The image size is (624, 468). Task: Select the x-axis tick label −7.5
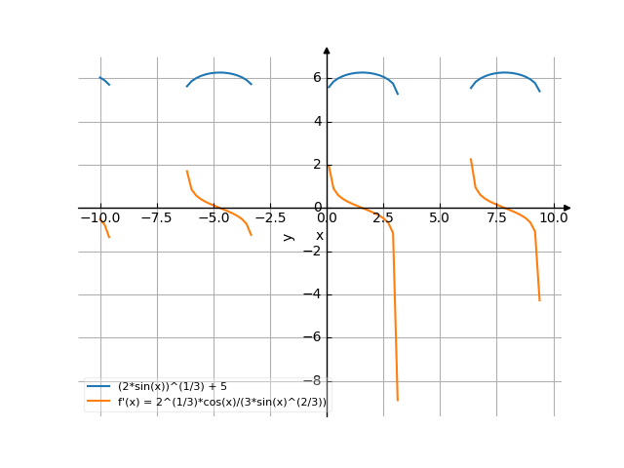tap(156, 219)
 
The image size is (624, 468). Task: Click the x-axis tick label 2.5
tap(383, 219)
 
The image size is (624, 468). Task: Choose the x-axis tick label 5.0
tap(440, 219)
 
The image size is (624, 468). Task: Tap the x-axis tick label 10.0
tap(554, 219)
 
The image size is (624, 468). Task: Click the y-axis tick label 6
tap(318, 78)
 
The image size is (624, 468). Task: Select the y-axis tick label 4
tap(318, 122)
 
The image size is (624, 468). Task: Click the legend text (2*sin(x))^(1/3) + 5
tap(172, 387)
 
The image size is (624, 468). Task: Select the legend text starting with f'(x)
tap(221, 402)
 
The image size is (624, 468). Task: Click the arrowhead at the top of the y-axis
tap(327, 50)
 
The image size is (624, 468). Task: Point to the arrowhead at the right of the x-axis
tap(566, 208)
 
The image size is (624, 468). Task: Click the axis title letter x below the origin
tap(319, 235)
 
